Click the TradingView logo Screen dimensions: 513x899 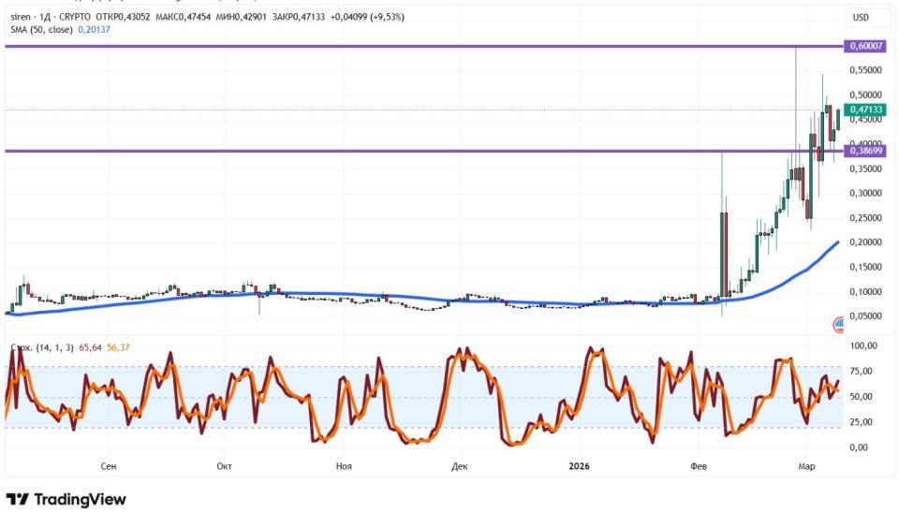66,499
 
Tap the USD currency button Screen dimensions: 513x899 859,18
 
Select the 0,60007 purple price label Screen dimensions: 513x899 866,46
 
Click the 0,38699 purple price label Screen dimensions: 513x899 866,151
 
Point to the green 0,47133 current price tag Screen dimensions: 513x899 866,110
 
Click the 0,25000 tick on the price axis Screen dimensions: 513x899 865,218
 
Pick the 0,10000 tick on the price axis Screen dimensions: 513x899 865,291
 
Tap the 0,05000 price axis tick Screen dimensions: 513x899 865,316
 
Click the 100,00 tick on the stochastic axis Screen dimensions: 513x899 862,346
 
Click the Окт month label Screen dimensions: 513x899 224,465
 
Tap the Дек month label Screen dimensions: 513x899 458,465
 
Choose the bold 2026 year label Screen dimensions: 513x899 578,465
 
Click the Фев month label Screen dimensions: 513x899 699,465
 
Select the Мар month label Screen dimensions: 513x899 806,465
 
